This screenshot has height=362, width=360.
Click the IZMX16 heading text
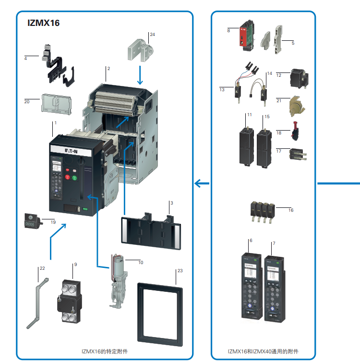(44, 23)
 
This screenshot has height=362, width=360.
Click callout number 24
(152, 35)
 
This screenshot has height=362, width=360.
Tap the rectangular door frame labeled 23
(160, 314)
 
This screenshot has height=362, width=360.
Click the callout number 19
(53, 222)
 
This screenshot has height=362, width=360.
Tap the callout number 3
(171, 204)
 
